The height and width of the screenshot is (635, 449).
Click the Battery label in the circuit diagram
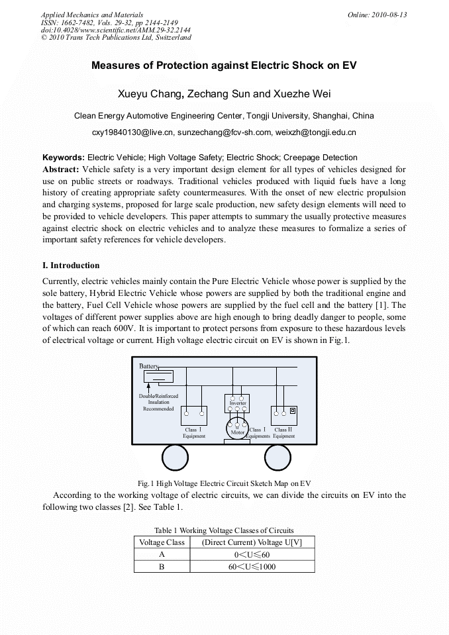(148, 366)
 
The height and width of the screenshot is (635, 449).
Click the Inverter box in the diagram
(237, 403)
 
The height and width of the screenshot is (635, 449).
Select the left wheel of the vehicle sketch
(175, 458)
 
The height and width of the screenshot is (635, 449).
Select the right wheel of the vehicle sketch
(277, 458)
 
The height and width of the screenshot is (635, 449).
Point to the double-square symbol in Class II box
(293, 411)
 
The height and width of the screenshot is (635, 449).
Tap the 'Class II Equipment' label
(284, 433)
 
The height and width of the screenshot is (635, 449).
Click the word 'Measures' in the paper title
(114, 66)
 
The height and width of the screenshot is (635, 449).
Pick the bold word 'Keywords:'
(64, 158)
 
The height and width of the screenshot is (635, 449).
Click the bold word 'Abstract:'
(61, 170)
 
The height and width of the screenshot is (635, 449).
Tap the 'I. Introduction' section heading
(71, 266)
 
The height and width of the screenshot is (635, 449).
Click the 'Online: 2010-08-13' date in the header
(377, 15)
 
